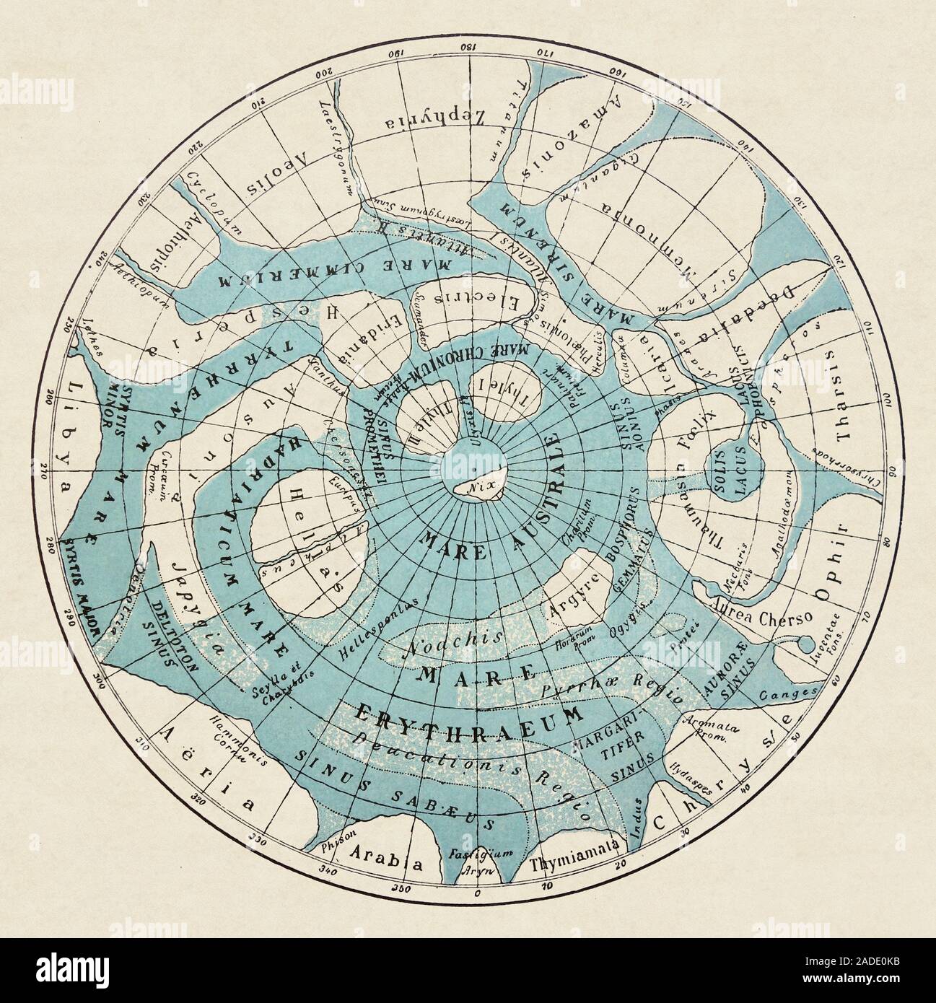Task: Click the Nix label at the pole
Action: pyautogui.click(x=473, y=486)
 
